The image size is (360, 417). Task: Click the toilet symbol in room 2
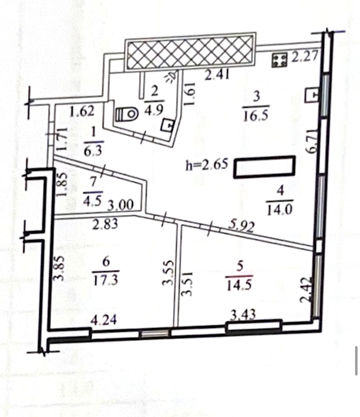coord(127,115)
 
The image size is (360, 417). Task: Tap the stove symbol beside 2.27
coord(279,60)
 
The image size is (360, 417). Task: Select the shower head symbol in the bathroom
coord(171,77)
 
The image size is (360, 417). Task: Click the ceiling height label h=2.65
coord(207,164)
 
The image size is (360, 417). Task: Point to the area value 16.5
coord(256,116)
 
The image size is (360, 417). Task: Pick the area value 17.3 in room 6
coord(105,280)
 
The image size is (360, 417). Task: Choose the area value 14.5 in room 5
coord(239,285)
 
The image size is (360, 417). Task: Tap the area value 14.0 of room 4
coord(280,210)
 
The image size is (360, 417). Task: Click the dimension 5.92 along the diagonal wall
coord(241,227)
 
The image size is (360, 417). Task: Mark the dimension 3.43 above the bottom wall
coord(243,315)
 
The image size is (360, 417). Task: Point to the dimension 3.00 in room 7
coord(120,205)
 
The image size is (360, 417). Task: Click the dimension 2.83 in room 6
coord(105,224)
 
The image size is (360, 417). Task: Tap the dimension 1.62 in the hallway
coord(82,112)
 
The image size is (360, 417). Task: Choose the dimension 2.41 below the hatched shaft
coord(217,75)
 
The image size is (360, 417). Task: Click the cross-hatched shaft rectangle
coord(190,52)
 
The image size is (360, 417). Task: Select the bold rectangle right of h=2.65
coord(264,167)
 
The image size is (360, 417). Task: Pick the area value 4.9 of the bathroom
coord(153,110)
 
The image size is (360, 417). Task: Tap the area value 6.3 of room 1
coord(93,152)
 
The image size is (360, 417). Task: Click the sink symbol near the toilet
coord(168,125)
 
